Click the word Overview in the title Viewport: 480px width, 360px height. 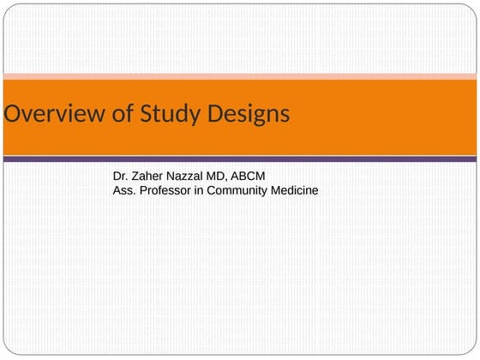pos(52,114)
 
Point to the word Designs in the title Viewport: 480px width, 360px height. pos(249,115)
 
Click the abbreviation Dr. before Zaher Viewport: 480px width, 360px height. pos(121,176)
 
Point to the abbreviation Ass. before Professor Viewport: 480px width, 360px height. pos(125,190)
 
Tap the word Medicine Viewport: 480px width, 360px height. pos(296,190)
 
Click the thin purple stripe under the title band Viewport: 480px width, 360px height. pos(240,159)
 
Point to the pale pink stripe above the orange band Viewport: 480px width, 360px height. pos(240,76)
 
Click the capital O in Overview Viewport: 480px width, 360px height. pos(12,114)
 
